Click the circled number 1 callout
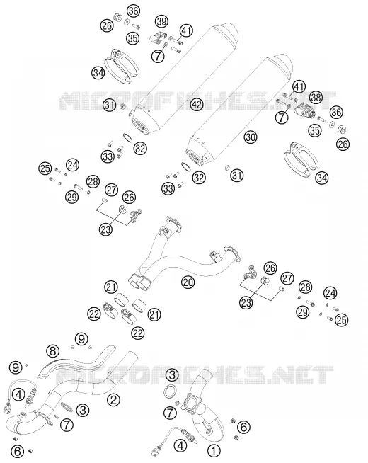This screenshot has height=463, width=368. click(214, 451)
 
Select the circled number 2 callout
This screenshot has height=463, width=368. click(114, 400)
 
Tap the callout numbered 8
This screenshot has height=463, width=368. click(52, 351)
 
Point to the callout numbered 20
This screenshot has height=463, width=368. click(188, 282)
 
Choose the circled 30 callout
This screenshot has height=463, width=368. click(251, 137)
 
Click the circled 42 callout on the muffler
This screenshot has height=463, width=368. click(197, 104)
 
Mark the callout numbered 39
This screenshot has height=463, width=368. click(161, 21)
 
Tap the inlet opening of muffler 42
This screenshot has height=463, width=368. click(139, 123)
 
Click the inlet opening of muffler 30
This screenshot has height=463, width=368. click(194, 156)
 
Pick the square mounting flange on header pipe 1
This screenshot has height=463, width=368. click(192, 404)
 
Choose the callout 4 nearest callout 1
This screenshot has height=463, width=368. click(180, 445)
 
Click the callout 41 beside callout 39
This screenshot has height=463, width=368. click(187, 30)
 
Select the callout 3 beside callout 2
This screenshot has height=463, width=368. click(82, 410)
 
